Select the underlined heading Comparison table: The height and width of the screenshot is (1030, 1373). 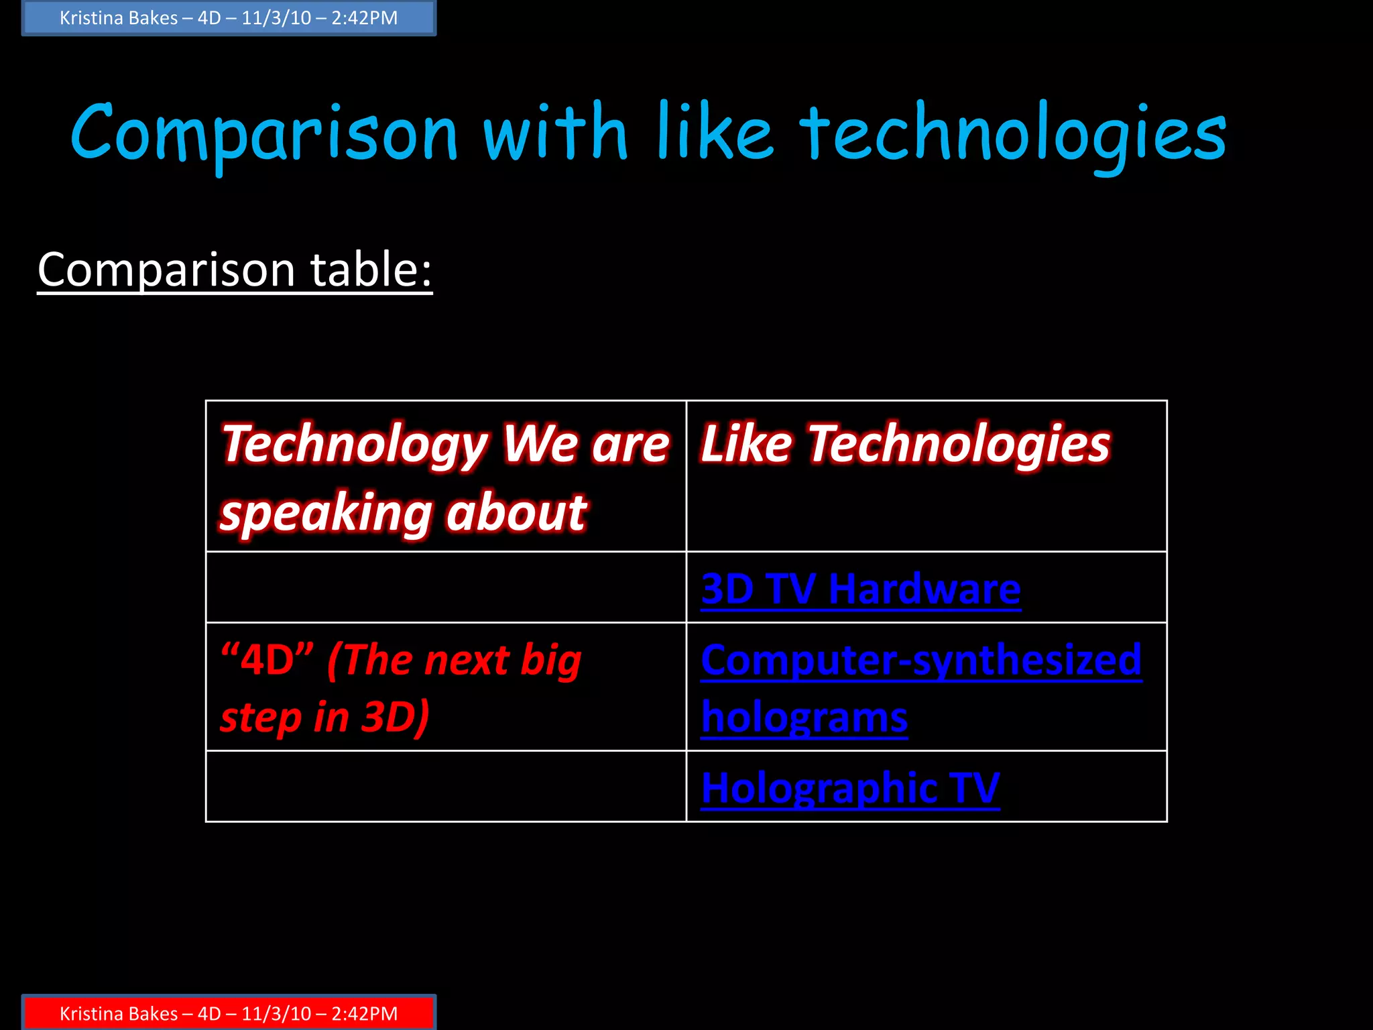point(235,270)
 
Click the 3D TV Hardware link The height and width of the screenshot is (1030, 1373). point(861,589)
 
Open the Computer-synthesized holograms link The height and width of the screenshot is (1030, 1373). point(921,688)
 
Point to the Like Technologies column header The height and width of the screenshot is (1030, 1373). point(905,444)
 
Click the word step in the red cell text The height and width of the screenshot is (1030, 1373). point(261,718)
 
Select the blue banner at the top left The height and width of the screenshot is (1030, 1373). point(229,18)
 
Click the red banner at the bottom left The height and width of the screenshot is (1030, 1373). point(229,1013)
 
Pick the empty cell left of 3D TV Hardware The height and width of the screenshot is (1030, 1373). point(446,587)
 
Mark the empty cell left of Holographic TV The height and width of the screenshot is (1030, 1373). point(446,787)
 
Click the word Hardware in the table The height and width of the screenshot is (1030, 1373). point(924,589)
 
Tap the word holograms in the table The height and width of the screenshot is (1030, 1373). point(804,718)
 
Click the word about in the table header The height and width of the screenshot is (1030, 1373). point(516,514)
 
